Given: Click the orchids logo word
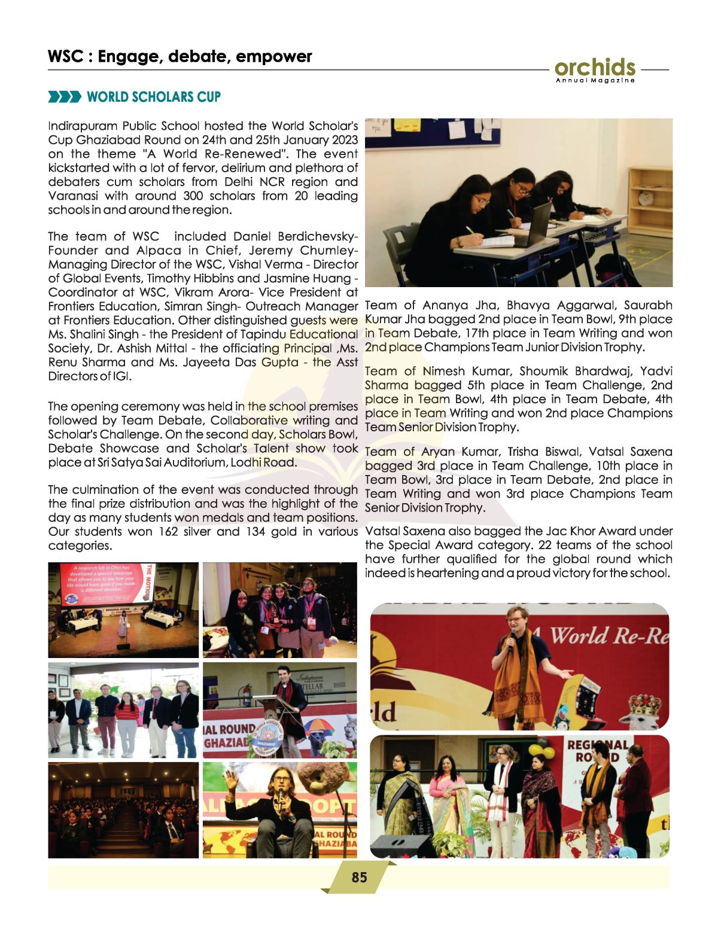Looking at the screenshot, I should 595,68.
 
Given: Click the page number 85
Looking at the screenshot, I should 359,878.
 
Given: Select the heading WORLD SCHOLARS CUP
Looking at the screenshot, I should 154,97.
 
